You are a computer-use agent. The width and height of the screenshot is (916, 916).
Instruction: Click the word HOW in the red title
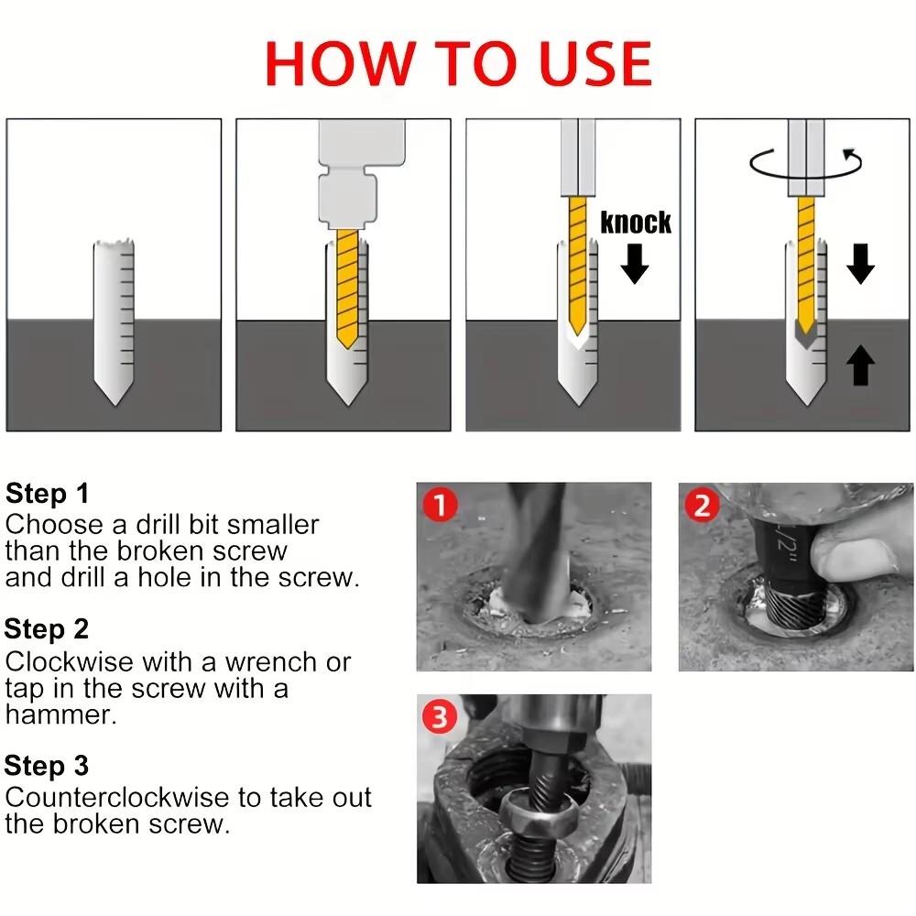point(340,64)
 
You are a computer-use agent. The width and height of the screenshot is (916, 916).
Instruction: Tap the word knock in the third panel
point(636,223)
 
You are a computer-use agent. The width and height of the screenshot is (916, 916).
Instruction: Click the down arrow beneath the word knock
point(635,264)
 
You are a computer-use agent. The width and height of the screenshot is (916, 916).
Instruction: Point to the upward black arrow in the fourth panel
point(860,365)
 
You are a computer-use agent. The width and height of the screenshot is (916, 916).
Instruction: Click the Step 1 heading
point(47,493)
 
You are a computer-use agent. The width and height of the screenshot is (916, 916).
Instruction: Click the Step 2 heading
point(47,629)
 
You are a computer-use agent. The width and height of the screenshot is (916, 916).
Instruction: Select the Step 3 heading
point(47,765)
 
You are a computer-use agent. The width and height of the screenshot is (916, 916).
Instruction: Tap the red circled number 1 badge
point(440,506)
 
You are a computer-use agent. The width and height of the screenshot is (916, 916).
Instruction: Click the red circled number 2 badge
point(702,506)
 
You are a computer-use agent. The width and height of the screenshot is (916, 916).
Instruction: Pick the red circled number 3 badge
point(440,717)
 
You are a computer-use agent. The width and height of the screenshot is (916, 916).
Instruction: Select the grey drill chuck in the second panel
point(362,173)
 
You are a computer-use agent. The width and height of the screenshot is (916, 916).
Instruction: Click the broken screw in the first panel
point(114,322)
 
